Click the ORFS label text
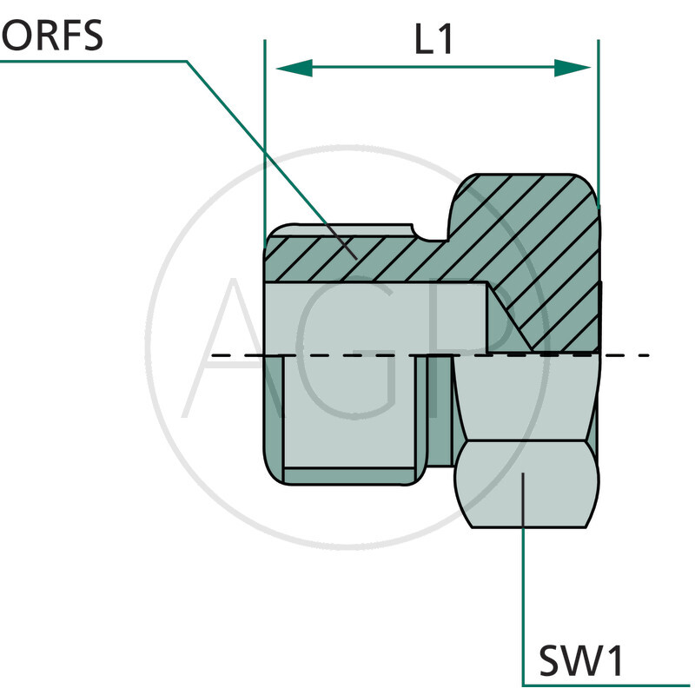[52, 37]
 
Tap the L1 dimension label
[432, 39]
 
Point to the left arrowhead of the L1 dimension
[293, 68]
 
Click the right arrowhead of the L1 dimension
[573, 68]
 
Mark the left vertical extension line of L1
[263, 130]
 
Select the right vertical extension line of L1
[599, 113]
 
